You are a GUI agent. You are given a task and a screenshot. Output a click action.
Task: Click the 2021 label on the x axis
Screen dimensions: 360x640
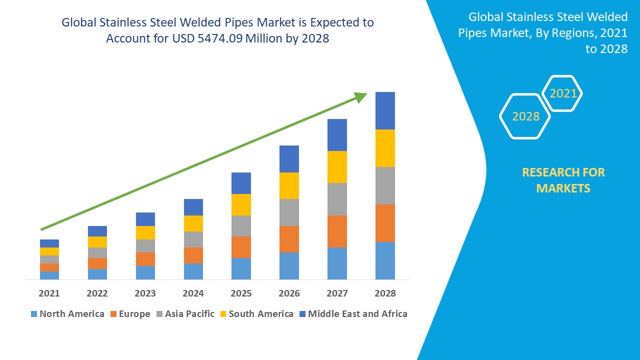[49, 293]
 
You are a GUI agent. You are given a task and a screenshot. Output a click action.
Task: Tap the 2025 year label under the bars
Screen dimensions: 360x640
[241, 293]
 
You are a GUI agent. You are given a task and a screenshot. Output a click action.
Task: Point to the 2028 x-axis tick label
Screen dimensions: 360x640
[385, 293]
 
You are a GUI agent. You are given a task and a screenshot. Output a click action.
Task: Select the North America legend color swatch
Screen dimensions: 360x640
[34, 314]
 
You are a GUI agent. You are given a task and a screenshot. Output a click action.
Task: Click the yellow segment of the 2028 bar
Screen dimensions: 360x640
[385, 148]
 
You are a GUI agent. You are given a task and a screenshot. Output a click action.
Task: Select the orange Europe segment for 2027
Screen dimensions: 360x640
[337, 231]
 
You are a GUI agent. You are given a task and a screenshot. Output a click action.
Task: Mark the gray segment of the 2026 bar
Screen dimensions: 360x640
[289, 212]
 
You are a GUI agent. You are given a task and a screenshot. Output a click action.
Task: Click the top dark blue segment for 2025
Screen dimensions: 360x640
[241, 183]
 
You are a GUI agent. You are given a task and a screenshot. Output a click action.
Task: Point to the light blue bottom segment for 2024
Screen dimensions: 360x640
[193, 271]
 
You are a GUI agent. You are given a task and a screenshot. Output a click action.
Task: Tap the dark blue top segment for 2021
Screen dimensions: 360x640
[49, 243]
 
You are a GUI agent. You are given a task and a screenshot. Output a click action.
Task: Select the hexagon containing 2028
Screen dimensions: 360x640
[525, 116]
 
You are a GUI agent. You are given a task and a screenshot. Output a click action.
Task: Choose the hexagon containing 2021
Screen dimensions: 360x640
[562, 93]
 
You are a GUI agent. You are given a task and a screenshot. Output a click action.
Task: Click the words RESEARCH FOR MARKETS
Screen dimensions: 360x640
[563, 180]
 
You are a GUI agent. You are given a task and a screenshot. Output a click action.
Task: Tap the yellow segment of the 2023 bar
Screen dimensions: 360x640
[145, 232]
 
